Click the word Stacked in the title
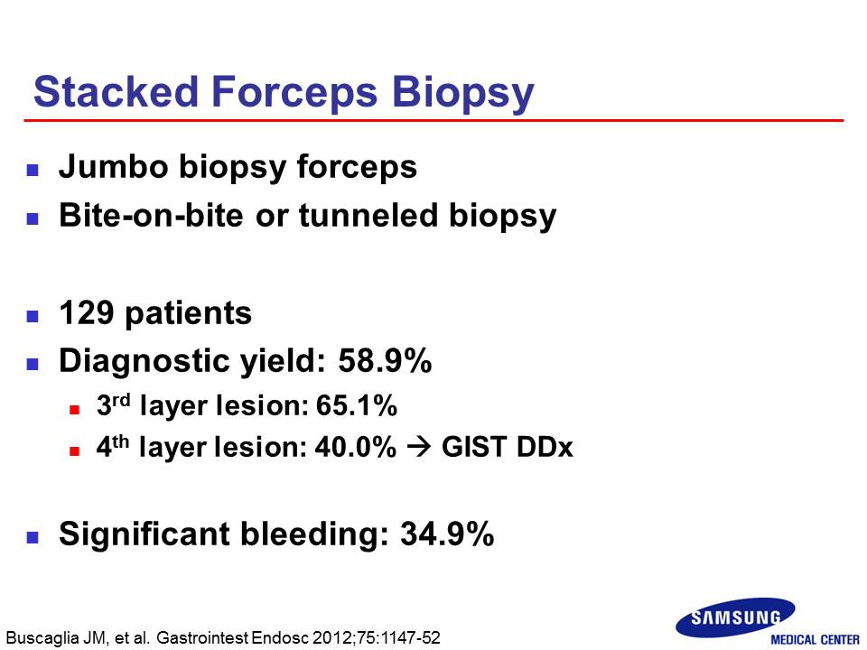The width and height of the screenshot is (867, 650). pos(117,91)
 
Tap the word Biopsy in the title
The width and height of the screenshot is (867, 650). pos(462,94)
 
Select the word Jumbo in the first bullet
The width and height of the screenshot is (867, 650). pos(114,166)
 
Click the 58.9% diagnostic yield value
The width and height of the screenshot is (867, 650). pos(385,361)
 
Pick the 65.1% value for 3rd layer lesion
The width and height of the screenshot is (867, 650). pos(357,405)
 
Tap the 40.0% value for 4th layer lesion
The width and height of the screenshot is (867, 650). pos(356,447)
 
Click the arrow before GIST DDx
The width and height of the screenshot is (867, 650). pos(418,447)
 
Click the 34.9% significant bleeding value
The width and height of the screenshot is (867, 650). pos(447,534)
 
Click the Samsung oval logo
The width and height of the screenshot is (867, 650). pos(735,617)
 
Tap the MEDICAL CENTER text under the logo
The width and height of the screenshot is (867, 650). pos(815,640)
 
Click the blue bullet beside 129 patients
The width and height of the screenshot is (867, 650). pos(33,316)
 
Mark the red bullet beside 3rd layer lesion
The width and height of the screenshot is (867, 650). pos(75,410)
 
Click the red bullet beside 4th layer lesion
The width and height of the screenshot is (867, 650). pos(75,451)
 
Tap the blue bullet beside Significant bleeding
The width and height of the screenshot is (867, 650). pos(33,537)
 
